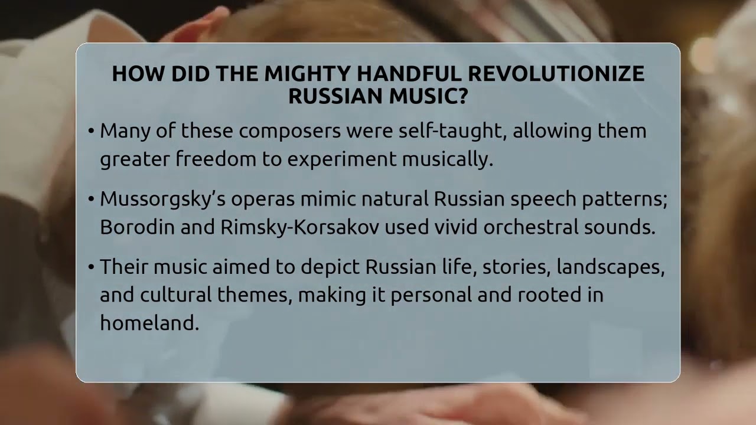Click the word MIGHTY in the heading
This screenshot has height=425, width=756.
(304, 74)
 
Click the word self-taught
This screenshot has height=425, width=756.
(453, 130)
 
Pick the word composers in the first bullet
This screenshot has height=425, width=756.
(290, 132)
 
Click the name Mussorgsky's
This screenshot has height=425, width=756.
(162, 200)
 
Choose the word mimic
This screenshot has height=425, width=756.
(328, 199)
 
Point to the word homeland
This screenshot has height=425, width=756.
(149, 322)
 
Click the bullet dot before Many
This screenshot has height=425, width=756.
(91, 131)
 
